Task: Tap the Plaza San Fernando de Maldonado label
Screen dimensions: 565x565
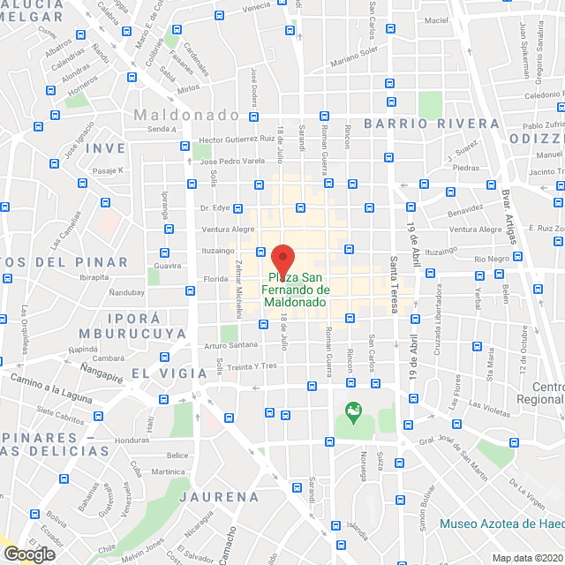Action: point(295,290)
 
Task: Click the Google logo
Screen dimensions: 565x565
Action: point(29,554)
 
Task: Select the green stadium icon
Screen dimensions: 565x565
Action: point(354,411)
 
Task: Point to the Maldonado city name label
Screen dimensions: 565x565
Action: point(186,116)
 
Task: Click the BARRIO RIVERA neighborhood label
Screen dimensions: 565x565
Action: point(431,123)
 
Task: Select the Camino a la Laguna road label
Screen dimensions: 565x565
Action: point(52,388)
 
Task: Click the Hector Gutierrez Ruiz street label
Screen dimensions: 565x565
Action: point(237,139)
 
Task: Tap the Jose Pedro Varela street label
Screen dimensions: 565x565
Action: point(232,162)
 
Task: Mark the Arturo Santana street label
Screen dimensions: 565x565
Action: point(231,344)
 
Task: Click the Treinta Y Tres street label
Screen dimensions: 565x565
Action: point(252,366)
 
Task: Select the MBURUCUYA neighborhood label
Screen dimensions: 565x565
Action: point(132,334)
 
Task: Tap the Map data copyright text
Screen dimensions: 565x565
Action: point(526,558)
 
